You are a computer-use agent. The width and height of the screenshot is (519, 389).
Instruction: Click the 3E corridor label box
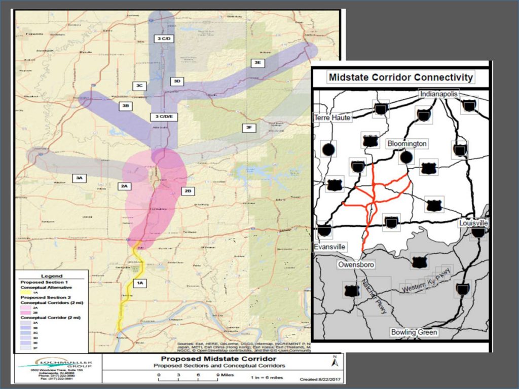[x=258, y=62]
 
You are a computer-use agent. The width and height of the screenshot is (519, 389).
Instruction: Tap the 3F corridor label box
[x=248, y=128]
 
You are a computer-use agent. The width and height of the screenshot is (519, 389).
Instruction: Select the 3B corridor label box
[x=126, y=106]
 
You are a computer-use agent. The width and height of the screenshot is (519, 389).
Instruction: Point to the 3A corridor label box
[x=80, y=178]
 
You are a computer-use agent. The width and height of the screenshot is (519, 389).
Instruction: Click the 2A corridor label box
[x=125, y=186]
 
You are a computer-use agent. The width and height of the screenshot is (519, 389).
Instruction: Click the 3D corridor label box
[x=176, y=81]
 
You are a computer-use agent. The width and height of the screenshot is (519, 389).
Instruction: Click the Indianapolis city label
[x=438, y=94]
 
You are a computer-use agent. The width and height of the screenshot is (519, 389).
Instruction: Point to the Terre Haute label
[x=332, y=117]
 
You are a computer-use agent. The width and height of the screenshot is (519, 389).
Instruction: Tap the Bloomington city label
[x=407, y=144]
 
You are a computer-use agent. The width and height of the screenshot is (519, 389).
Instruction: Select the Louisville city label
[x=474, y=223]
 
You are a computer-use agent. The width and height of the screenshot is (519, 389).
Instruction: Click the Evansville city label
[x=330, y=247]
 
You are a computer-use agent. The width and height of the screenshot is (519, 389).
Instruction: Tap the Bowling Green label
[x=415, y=332]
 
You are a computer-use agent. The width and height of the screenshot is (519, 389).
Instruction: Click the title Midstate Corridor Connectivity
[x=400, y=77]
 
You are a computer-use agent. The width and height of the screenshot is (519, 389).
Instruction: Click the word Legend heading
[x=51, y=276]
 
